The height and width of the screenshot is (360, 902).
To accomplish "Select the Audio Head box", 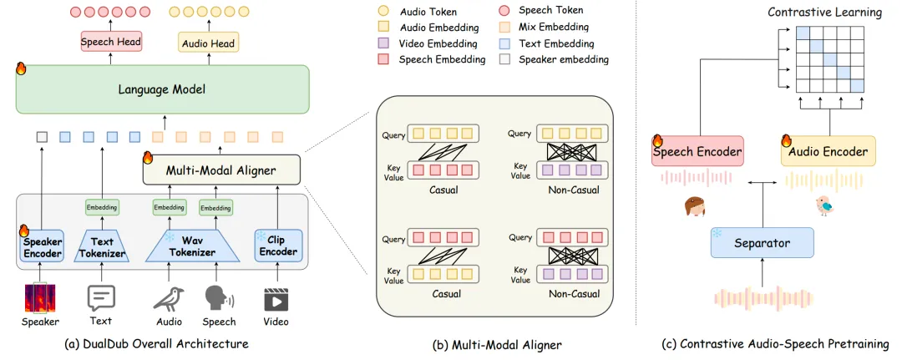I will coord(209,42).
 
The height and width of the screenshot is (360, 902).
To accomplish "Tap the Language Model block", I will coord(163,89).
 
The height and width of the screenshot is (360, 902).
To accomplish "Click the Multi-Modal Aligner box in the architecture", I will coord(220,170).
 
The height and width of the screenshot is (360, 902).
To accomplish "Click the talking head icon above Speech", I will coord(220,298).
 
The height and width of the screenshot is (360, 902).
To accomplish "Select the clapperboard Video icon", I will coord(276,298).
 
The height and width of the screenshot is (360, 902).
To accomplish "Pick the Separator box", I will coord(762,244).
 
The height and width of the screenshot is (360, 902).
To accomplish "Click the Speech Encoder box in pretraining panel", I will coord(697,151).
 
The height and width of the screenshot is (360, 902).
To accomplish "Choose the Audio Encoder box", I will coord(829,151).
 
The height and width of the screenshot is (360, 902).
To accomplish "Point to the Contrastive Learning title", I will coord(824,13).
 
